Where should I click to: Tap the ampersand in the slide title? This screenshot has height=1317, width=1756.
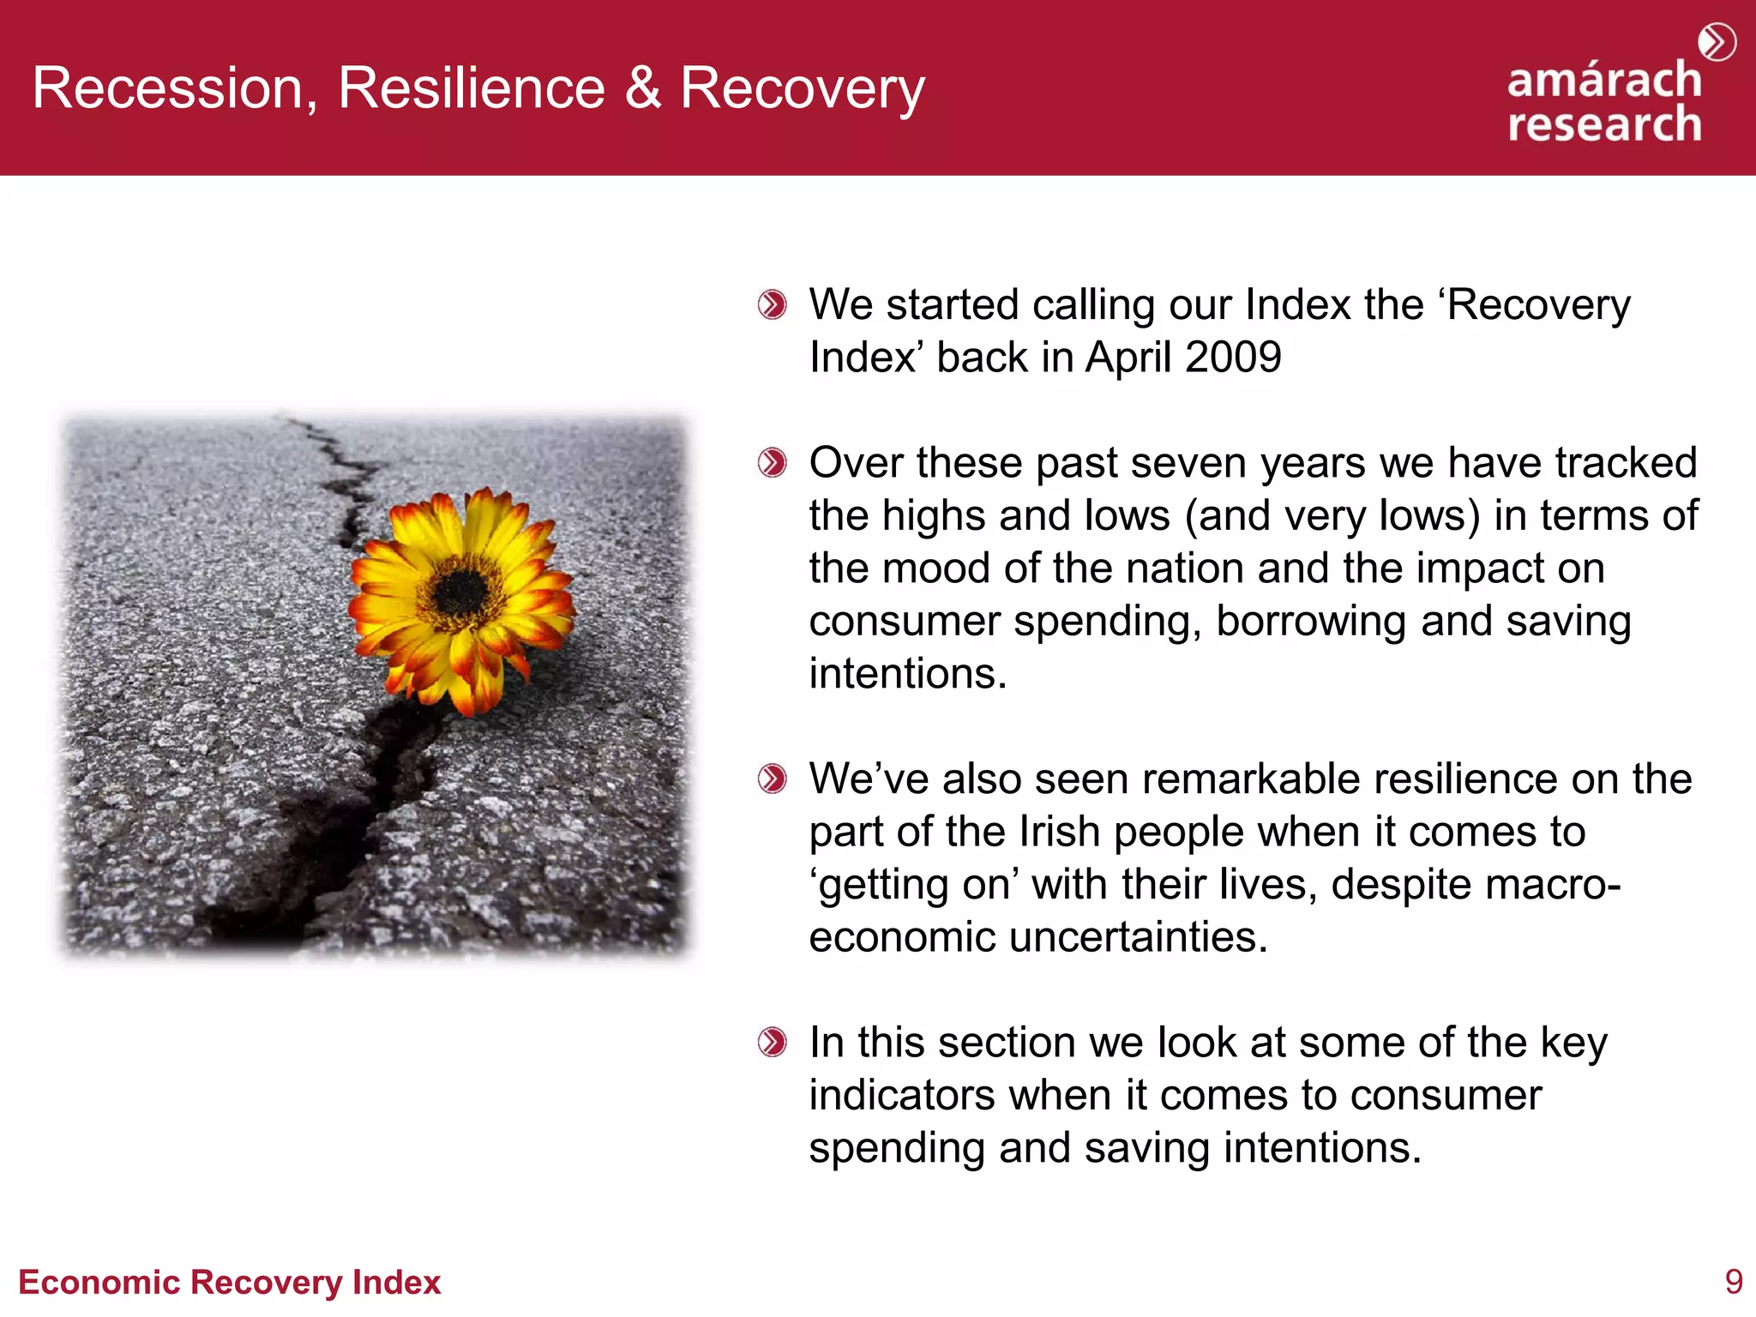(x=643, y=88)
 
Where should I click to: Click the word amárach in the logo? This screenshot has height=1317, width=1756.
(x=1603, y=81)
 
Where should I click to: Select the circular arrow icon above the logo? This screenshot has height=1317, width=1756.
(x=1717, y=42)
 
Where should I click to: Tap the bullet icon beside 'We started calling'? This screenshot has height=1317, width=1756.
(x=772, y=305)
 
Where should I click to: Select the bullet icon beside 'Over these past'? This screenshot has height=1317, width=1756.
(x=772, y=463)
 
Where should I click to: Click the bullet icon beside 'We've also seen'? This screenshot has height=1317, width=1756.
(x=772, y=779)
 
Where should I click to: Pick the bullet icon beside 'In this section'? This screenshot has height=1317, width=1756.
(x=772, y=1043)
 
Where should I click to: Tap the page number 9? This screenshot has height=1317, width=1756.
(x=1733, y=1282)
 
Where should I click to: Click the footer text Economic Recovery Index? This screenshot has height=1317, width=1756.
(x=229, y=1282)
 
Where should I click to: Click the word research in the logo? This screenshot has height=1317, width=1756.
(x=1603, y=124)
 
